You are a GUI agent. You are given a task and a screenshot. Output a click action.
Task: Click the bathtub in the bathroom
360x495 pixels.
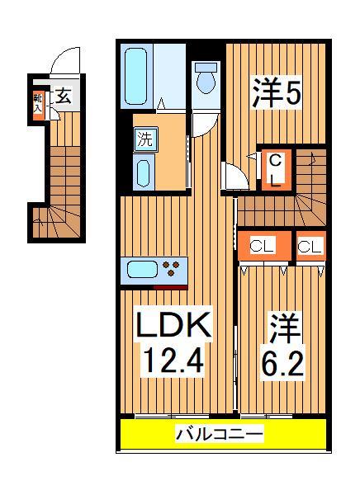point(142,73)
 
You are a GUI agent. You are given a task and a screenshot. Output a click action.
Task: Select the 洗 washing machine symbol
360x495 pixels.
point(144,139)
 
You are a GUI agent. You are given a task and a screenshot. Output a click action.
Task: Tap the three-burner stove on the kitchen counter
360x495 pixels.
point(173,269)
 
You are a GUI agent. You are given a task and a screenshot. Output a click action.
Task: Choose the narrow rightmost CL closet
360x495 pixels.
point(310,246)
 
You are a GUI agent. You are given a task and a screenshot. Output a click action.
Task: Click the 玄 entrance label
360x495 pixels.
point(63,97)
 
